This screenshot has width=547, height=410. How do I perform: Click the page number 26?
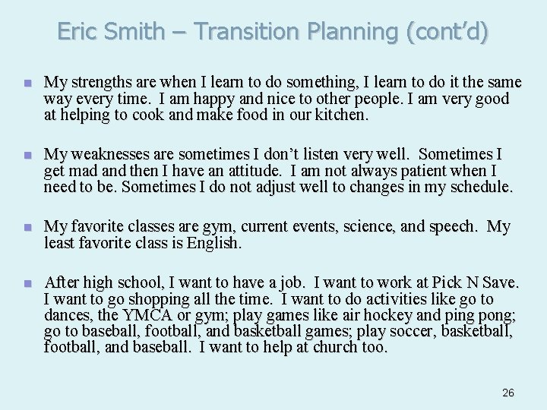(508, 393)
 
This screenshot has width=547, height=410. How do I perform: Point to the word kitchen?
(340, 115)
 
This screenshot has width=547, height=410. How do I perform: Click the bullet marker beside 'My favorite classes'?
(27, 228)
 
